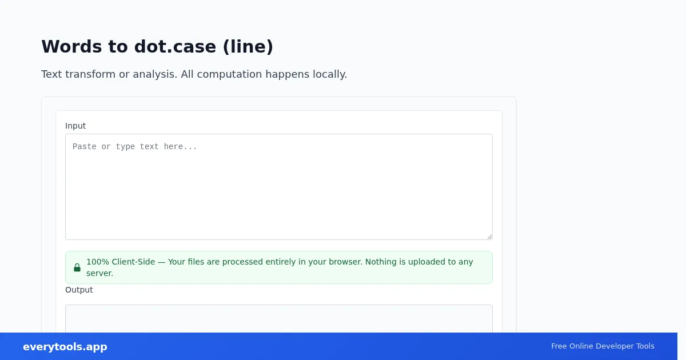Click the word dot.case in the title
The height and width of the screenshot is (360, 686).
click(x=175, y=46)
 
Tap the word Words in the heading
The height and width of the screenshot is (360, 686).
click(x=71, y=46)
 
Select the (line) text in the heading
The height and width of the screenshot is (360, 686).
click(x=248, y=47)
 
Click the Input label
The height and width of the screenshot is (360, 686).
click(x=75, y=126)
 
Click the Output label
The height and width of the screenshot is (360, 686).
click(x=79, y=290)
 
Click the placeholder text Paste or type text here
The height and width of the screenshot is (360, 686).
click(x=135, y=147)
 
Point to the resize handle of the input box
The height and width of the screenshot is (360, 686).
click(x=489, y=237)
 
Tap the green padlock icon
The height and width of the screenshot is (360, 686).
click(x=77, y=267)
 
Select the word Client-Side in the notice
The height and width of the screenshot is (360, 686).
click(x=133, y=262)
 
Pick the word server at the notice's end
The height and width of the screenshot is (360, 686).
click(x=100, y=273)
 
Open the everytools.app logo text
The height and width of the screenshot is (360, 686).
click(x=65, y=346)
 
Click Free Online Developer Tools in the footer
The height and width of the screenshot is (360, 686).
click(x=603, y=346)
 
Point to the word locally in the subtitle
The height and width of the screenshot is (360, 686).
click(x=330, y=74)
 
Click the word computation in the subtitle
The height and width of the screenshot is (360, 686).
click(x=229, y=74)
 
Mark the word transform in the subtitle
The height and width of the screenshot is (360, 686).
click(x=90, y=74)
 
